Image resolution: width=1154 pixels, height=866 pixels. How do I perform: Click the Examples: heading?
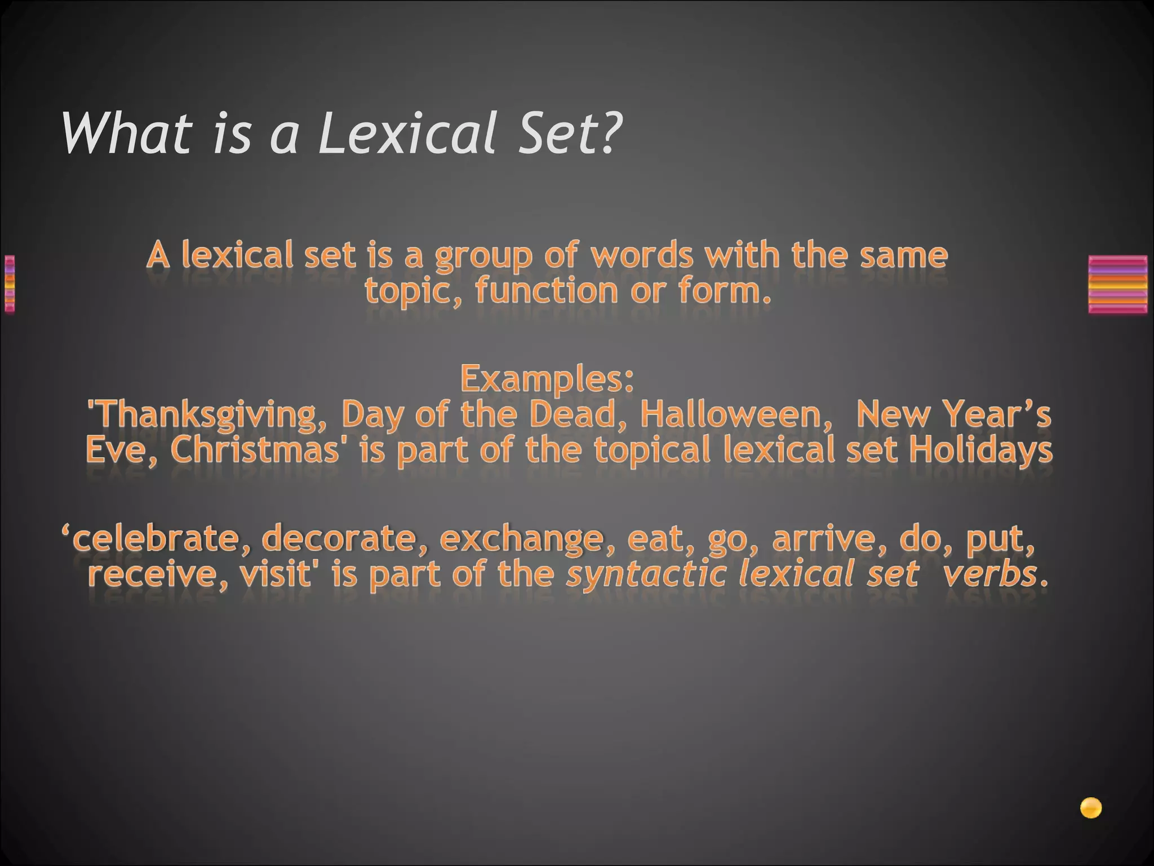(x=547, y=378)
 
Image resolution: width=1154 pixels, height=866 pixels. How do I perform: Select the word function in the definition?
(x=547, y=291)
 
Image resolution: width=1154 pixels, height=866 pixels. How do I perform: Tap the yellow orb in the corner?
(x=1090, y=808)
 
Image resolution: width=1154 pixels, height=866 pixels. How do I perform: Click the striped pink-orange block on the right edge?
(x=1118, y=284)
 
